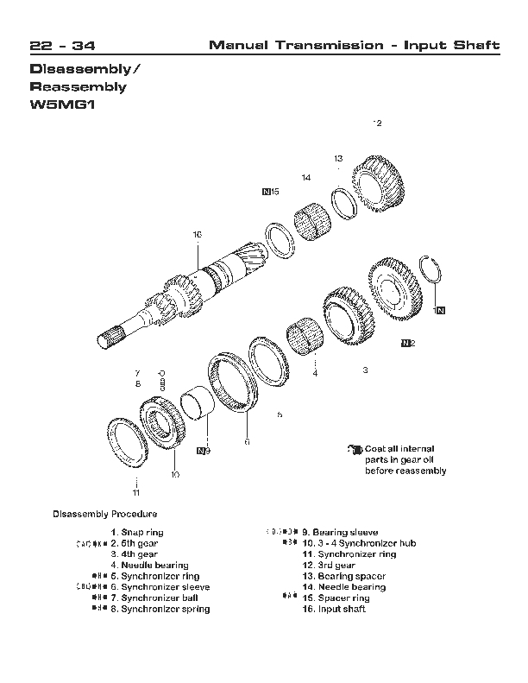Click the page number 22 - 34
pos(63,45)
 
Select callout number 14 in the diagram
pos(305,177)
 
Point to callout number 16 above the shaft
pos(197,234)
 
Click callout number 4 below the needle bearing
pos(314,374)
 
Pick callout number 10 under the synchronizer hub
pos(175,473)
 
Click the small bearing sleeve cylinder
pos(199,403)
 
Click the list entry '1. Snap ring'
pos(137,533)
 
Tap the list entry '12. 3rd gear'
pos(329,566)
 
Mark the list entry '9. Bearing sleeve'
pos(339,533)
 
